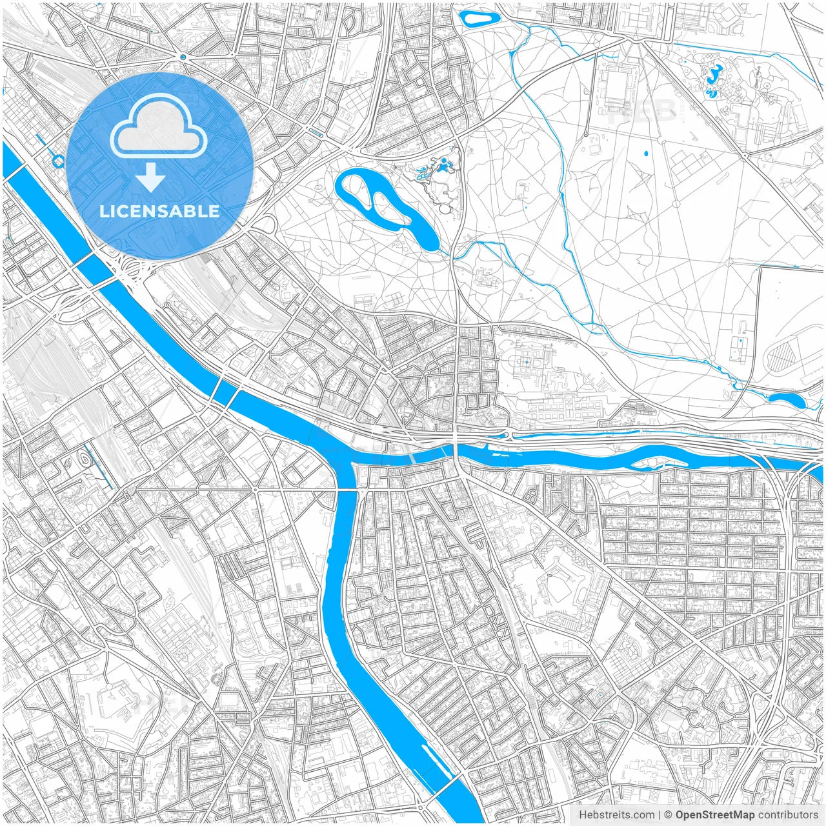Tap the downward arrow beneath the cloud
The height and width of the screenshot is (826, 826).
pyautogui.click(x=151, y=177)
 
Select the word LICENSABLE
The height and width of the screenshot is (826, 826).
pyautogui.click(x=159, y=212)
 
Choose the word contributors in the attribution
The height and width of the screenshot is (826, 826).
pyautogui.click(x=788, y=815)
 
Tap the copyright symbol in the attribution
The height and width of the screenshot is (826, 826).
pyautogui.click(x=669, y=815)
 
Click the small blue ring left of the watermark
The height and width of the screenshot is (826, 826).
pyautogui.click(x=59, y=161)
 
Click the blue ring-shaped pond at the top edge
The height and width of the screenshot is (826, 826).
pyautogui.click(x=478, y=19)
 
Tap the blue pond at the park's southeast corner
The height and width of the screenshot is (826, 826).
pyautogui.click(x=787, y=400)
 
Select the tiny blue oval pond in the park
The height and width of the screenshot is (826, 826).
pyautogui.click(x=646, y=154)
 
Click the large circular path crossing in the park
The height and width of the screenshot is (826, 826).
pyautogui.click(x=607, y=252)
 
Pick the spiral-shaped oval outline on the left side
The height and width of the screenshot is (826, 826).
pyautogui.click(x=85, y=459)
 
